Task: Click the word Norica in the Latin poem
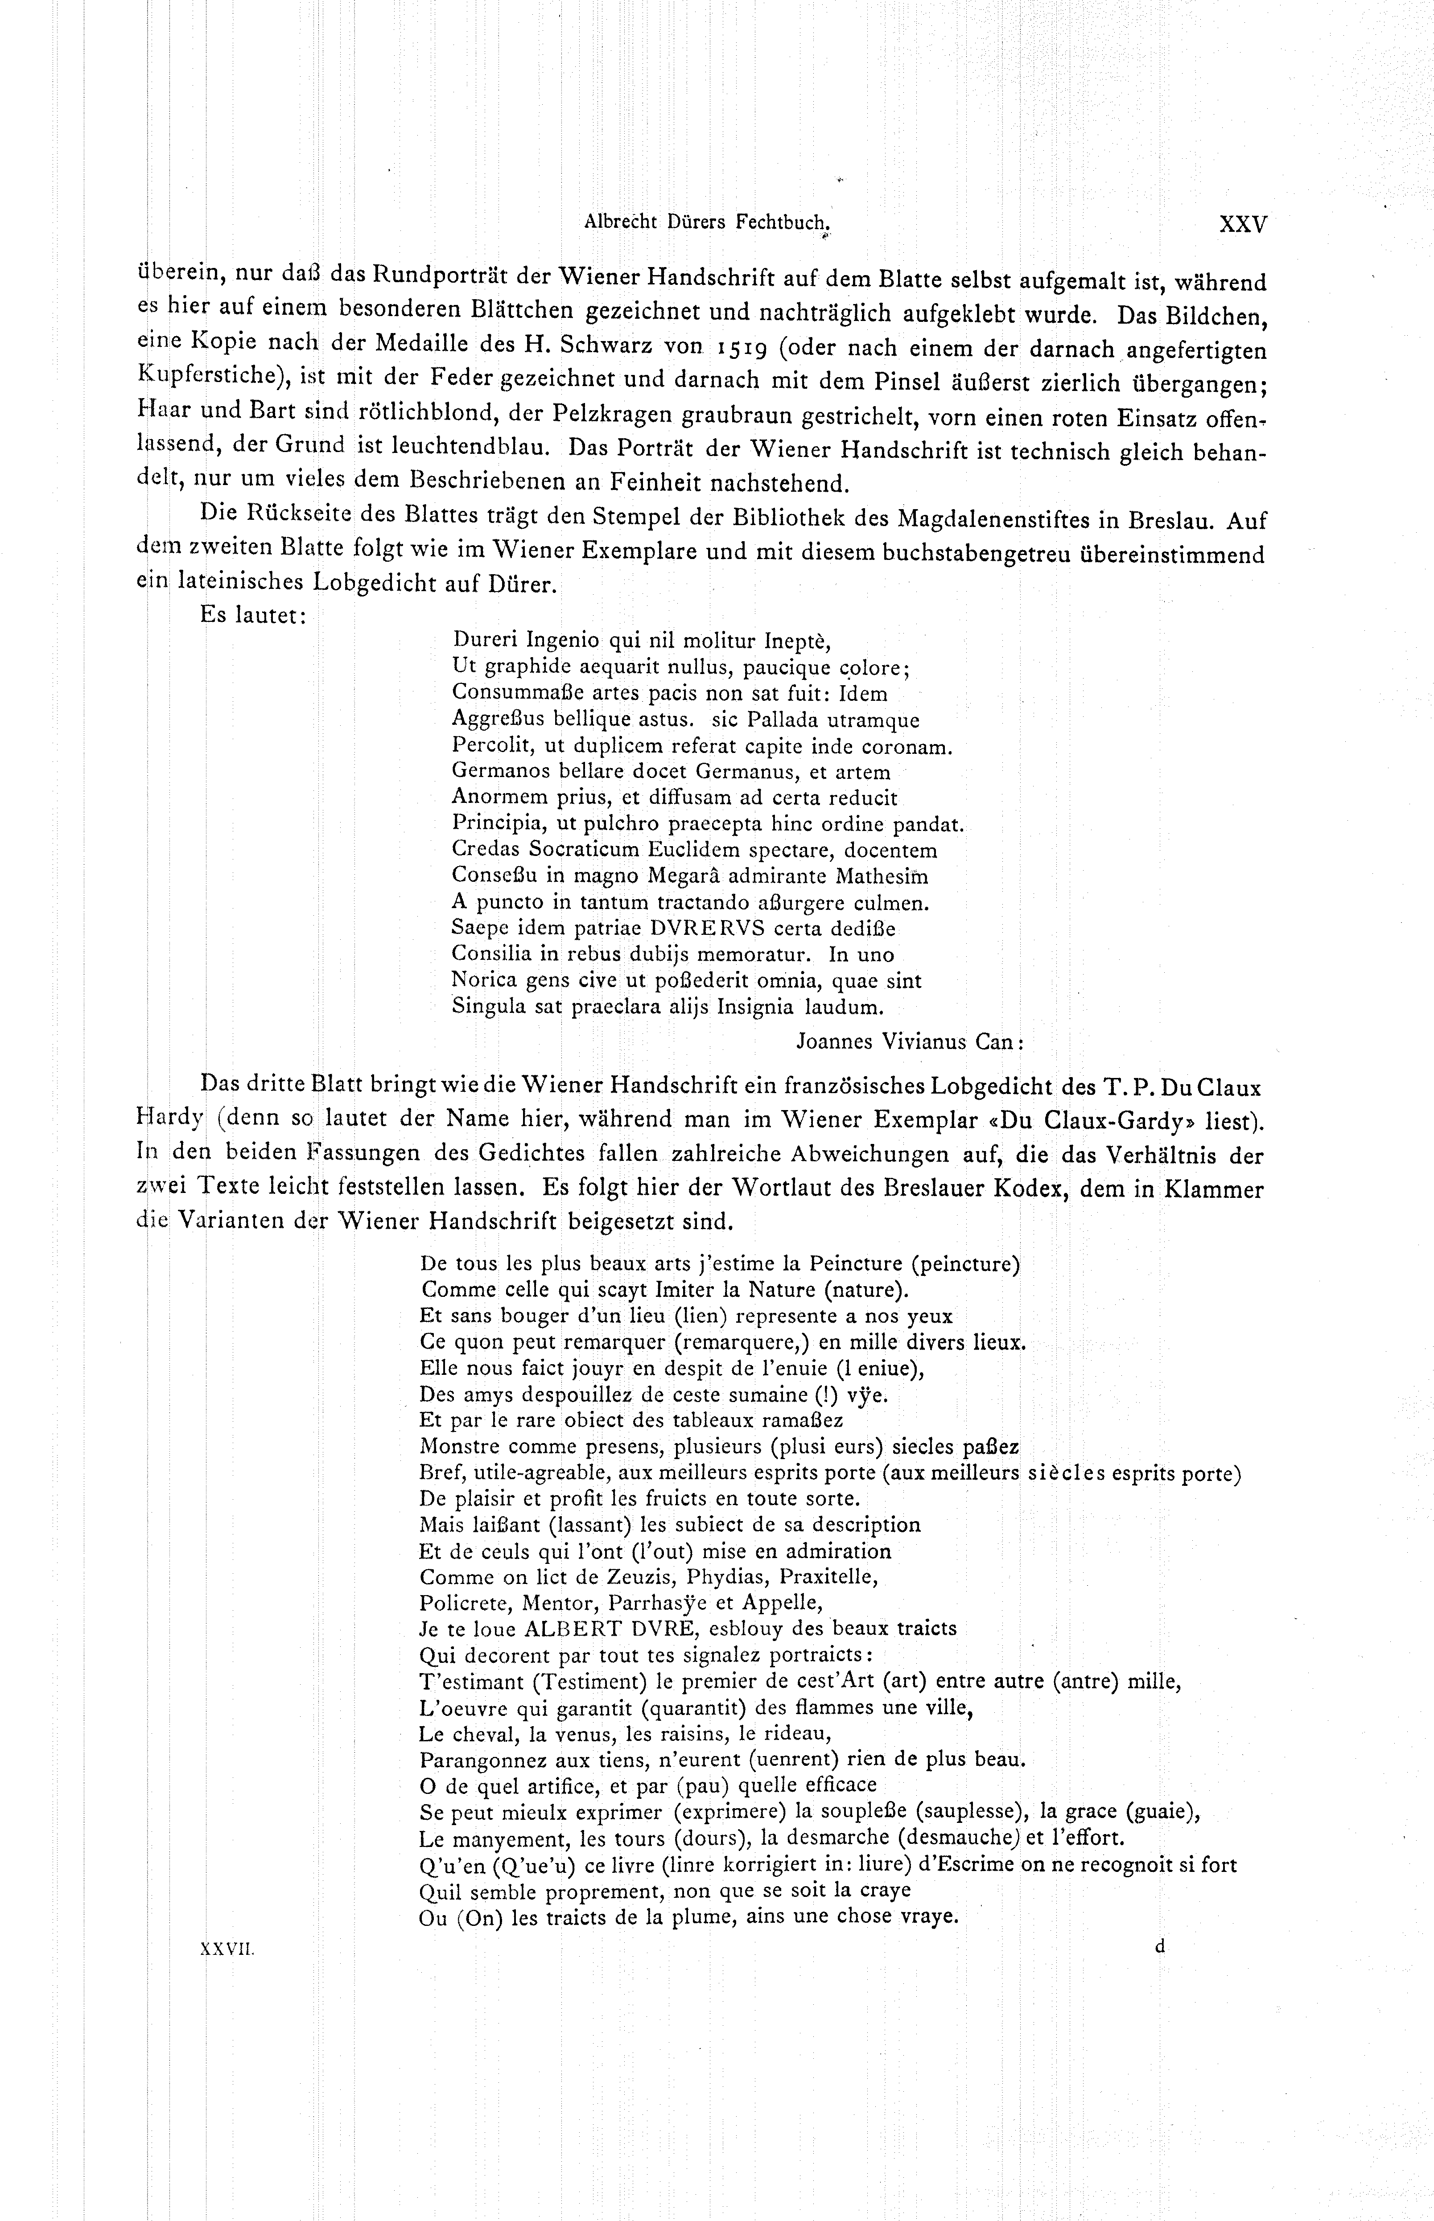click(x=482, y=980)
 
